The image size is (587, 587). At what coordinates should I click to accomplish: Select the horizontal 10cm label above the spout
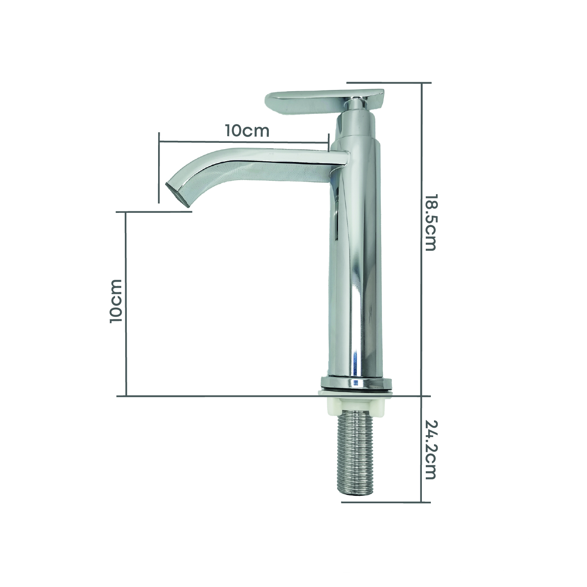tap(247, 130)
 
